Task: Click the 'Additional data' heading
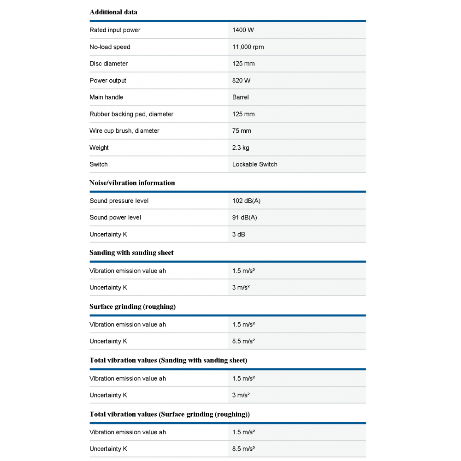113,12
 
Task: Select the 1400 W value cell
243,30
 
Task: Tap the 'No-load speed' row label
110,47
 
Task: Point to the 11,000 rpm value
248,47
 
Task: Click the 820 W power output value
242,81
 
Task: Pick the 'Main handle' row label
106,97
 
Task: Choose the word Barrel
241,97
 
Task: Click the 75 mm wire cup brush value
242,131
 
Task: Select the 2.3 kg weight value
241,148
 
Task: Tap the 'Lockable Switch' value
255,165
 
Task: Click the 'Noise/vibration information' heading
132,183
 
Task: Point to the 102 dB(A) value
247,201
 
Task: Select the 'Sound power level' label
115,218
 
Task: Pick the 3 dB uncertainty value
239,234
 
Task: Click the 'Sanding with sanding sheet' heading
131,253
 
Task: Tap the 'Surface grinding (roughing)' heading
133,307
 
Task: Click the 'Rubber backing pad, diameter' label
131,114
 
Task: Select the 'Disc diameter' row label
109,64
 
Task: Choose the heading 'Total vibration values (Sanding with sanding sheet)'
168,361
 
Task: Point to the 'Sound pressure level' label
119,201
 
